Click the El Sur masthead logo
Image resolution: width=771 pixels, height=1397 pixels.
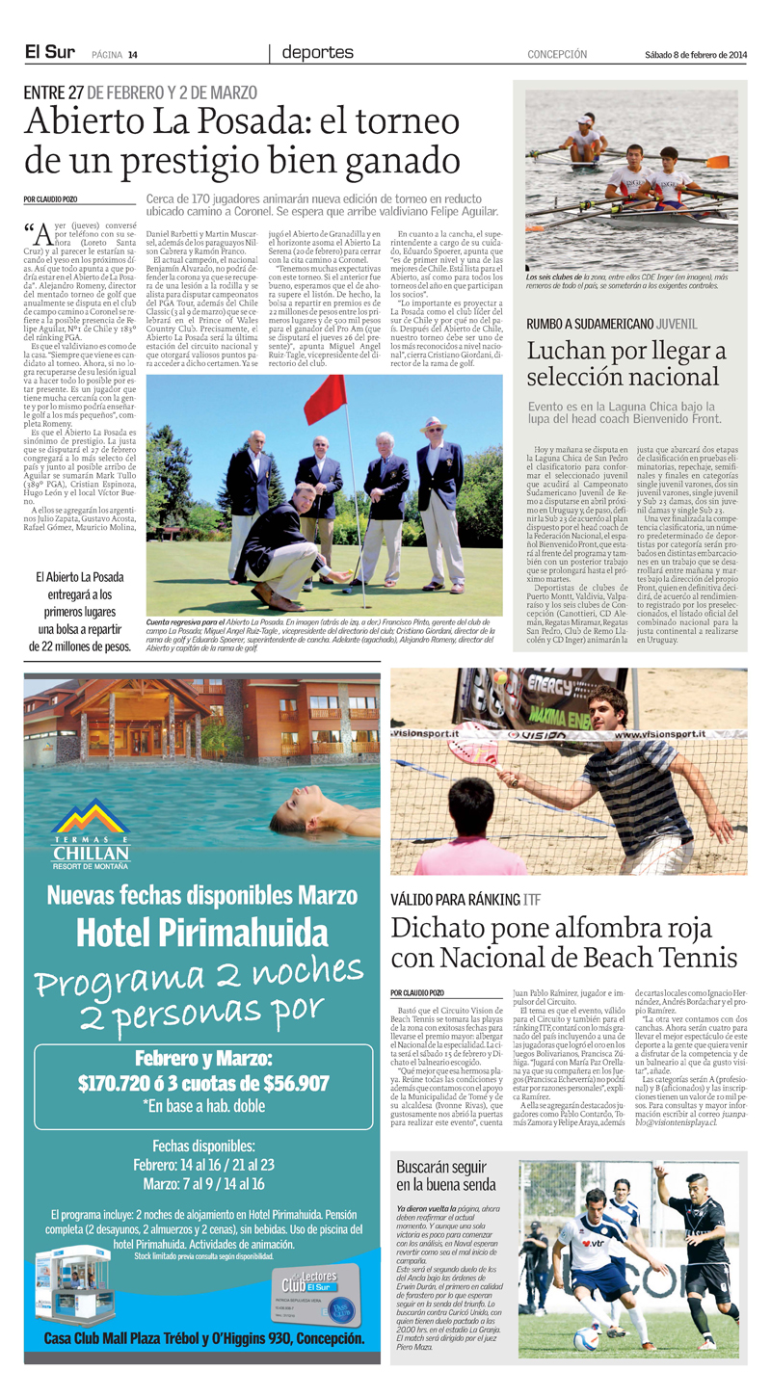click(x=50, y=54)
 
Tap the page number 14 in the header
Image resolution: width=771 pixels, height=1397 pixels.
click(x=133, y=55)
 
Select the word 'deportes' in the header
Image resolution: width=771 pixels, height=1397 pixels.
click(x=314, y=54)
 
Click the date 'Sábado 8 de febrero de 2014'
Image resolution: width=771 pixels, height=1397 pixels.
click(x=696, y=55)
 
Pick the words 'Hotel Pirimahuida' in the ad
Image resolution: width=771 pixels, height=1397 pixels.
click(x=202, y=932)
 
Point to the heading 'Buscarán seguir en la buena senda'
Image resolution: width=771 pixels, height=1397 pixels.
click(x=446, y=1176)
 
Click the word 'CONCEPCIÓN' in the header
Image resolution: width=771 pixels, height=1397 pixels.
click(x=557, y=55)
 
